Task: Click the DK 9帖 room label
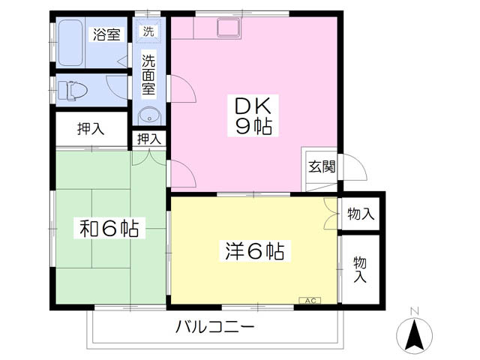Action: pyautogui.click(x=247, y=113)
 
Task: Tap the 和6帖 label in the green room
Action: pyautogui.click(x=109, y=228)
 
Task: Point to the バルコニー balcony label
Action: pyautogui.click(x=215, y=328)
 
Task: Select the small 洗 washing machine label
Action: pyautogui.click(x=148, y=31)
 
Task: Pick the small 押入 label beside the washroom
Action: pyautogui.click(x=148, y=138)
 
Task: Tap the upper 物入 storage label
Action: pyautogui.click(x=361, y=214)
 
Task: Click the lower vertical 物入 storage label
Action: pyautogui.click(x=360, y=269)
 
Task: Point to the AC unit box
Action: pyautogui.click(x=310, y=301)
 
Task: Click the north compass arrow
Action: pyautogui.click(x=413, y=334)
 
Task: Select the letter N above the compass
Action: pyautogui.click(x=413, y=311)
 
